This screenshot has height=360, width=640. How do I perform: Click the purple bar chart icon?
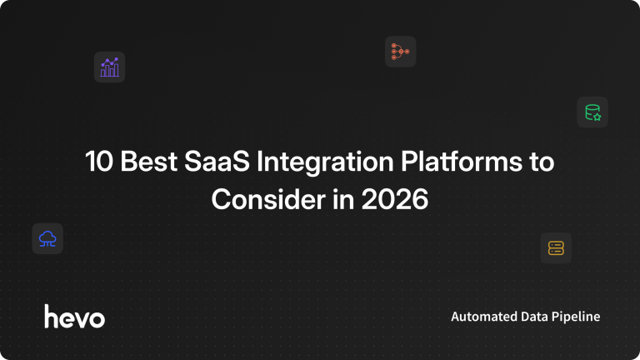pos(109,67)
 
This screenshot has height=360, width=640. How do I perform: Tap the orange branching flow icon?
pos(400,52)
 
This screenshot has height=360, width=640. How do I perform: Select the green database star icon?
pos(592,112)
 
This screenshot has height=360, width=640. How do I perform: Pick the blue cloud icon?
pos(47,239)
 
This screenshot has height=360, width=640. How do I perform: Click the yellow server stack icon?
pos(556,248)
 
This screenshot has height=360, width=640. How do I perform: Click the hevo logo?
pos(75,317)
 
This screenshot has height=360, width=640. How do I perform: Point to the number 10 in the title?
pos(99,161)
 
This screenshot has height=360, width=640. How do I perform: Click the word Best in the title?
pos(148,161)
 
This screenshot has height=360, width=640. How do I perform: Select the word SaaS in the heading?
pos(217,161)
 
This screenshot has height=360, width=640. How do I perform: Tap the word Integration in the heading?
pos(325,162)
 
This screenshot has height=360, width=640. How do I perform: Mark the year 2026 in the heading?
pos(395,199)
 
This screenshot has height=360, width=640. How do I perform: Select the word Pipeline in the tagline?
pos(576,317)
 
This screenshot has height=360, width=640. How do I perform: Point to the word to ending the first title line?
pos(542,162)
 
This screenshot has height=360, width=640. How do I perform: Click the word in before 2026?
pos(343,199)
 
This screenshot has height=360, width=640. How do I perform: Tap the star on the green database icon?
pos(597,117)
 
